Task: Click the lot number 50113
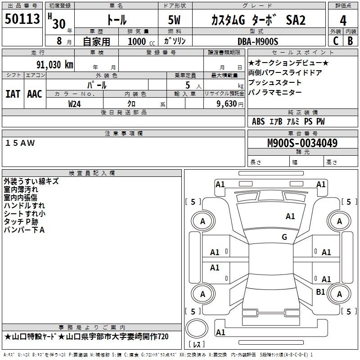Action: click(x=22, y=19)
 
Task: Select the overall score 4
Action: click(x=343, y=20)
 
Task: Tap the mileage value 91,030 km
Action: click(x=54, y=65)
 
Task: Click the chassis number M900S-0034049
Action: click(x=302, y=143)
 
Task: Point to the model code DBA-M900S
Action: click(x=258, y=41)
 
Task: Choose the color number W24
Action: click(x=74, y=104)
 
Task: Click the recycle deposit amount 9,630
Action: click(x=227, y=104)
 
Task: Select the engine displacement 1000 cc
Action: click(x=141, y=41)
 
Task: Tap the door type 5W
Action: click(x=174, y=20)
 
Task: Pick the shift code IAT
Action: click(x=13, y=94)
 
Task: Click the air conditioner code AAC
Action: click(x=35, y=94)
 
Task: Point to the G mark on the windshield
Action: click(x=284, y=237)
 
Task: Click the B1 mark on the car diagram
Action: click(x=320, y=292)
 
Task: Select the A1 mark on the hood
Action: click(x=290, y=216)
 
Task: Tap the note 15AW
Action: click(x=20, y=143)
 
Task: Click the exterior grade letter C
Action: click(x=336, y=41)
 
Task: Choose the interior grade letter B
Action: click(x=350, y=41)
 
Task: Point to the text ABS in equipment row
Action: click(x=258, y=121)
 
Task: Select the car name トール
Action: click(x=117, y=20)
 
